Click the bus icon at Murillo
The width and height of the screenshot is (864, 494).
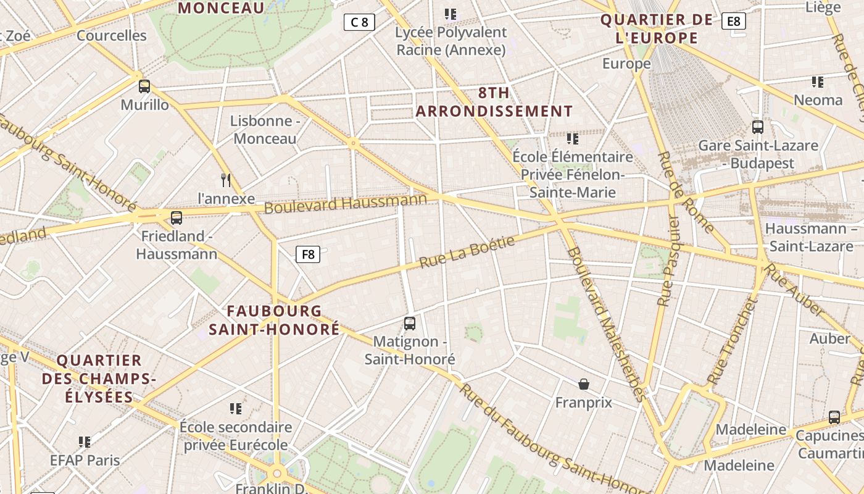click(144, 86)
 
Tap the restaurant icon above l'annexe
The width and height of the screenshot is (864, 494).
click(226, 180)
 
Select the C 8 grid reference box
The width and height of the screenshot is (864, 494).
click(359, 23)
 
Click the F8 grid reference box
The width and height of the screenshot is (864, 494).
click(308, 254)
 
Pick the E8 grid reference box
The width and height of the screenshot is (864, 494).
click(733, 22)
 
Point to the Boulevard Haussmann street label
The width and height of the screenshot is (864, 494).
click(346, 203)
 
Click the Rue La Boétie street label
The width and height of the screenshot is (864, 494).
click(467, 253)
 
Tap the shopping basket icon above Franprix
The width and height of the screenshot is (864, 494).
click(584, 384)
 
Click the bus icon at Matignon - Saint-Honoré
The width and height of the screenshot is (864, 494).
click(409, 323)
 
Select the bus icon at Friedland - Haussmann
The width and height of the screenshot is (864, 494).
click(177, 217)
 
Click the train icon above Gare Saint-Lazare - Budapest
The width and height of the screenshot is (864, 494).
click(758, 127)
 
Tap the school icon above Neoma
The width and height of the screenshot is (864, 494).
click(818, 82)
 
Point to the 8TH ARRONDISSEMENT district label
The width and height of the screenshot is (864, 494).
click(494, 102)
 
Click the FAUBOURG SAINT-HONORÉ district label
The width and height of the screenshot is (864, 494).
click(274, 320)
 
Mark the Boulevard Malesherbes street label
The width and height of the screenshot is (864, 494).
click(607, 324)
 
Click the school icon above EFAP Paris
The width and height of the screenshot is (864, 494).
click(85, 442)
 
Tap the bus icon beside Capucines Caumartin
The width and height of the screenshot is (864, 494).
click(834, 417)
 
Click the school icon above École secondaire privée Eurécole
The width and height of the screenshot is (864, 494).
click(235, 408)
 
